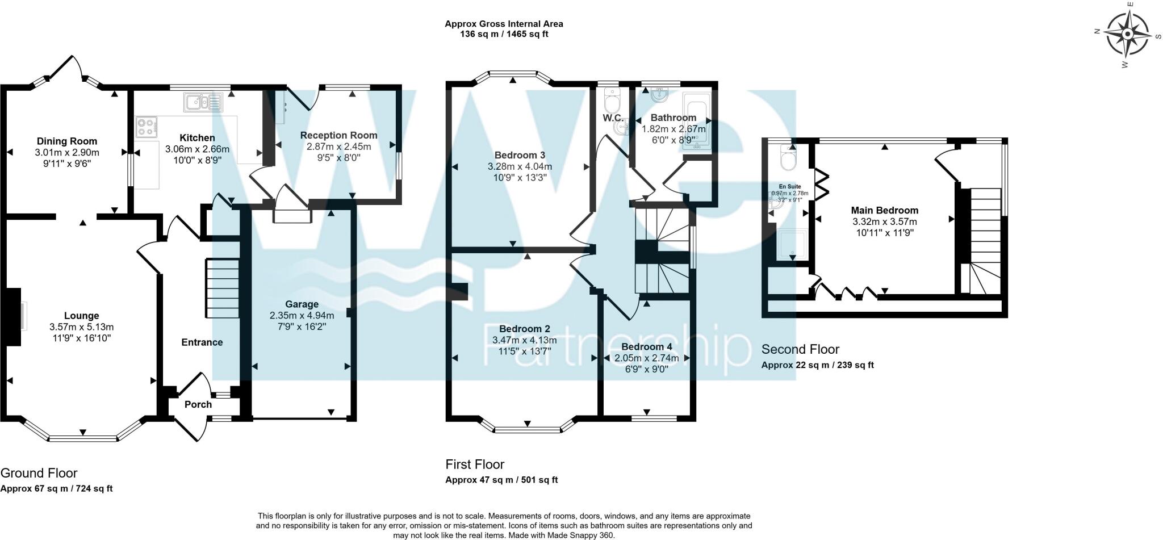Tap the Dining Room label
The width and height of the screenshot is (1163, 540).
coord(67,141)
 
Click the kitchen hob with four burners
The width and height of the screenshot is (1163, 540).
coord(146,127)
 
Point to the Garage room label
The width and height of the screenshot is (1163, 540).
coord(302,304)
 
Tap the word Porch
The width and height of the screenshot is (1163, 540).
coord(198,404)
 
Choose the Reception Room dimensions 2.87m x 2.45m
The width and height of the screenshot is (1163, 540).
coord(338,146)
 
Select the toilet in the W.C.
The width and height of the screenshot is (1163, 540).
coord(612,103)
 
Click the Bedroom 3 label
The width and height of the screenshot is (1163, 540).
coord(520,155)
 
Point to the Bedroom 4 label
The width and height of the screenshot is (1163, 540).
coord(646,347)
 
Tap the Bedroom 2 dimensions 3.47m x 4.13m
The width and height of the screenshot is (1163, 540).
coord(524,340)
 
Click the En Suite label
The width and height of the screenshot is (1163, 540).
coord(789,186)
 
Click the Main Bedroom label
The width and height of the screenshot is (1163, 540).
coord(884,211)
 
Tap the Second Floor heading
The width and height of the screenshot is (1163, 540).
coord(800,349)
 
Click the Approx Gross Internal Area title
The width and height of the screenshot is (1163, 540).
coord(504,24)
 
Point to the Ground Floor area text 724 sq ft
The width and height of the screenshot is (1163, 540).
coord(91,488)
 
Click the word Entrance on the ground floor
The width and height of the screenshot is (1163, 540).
coord(202,342)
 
